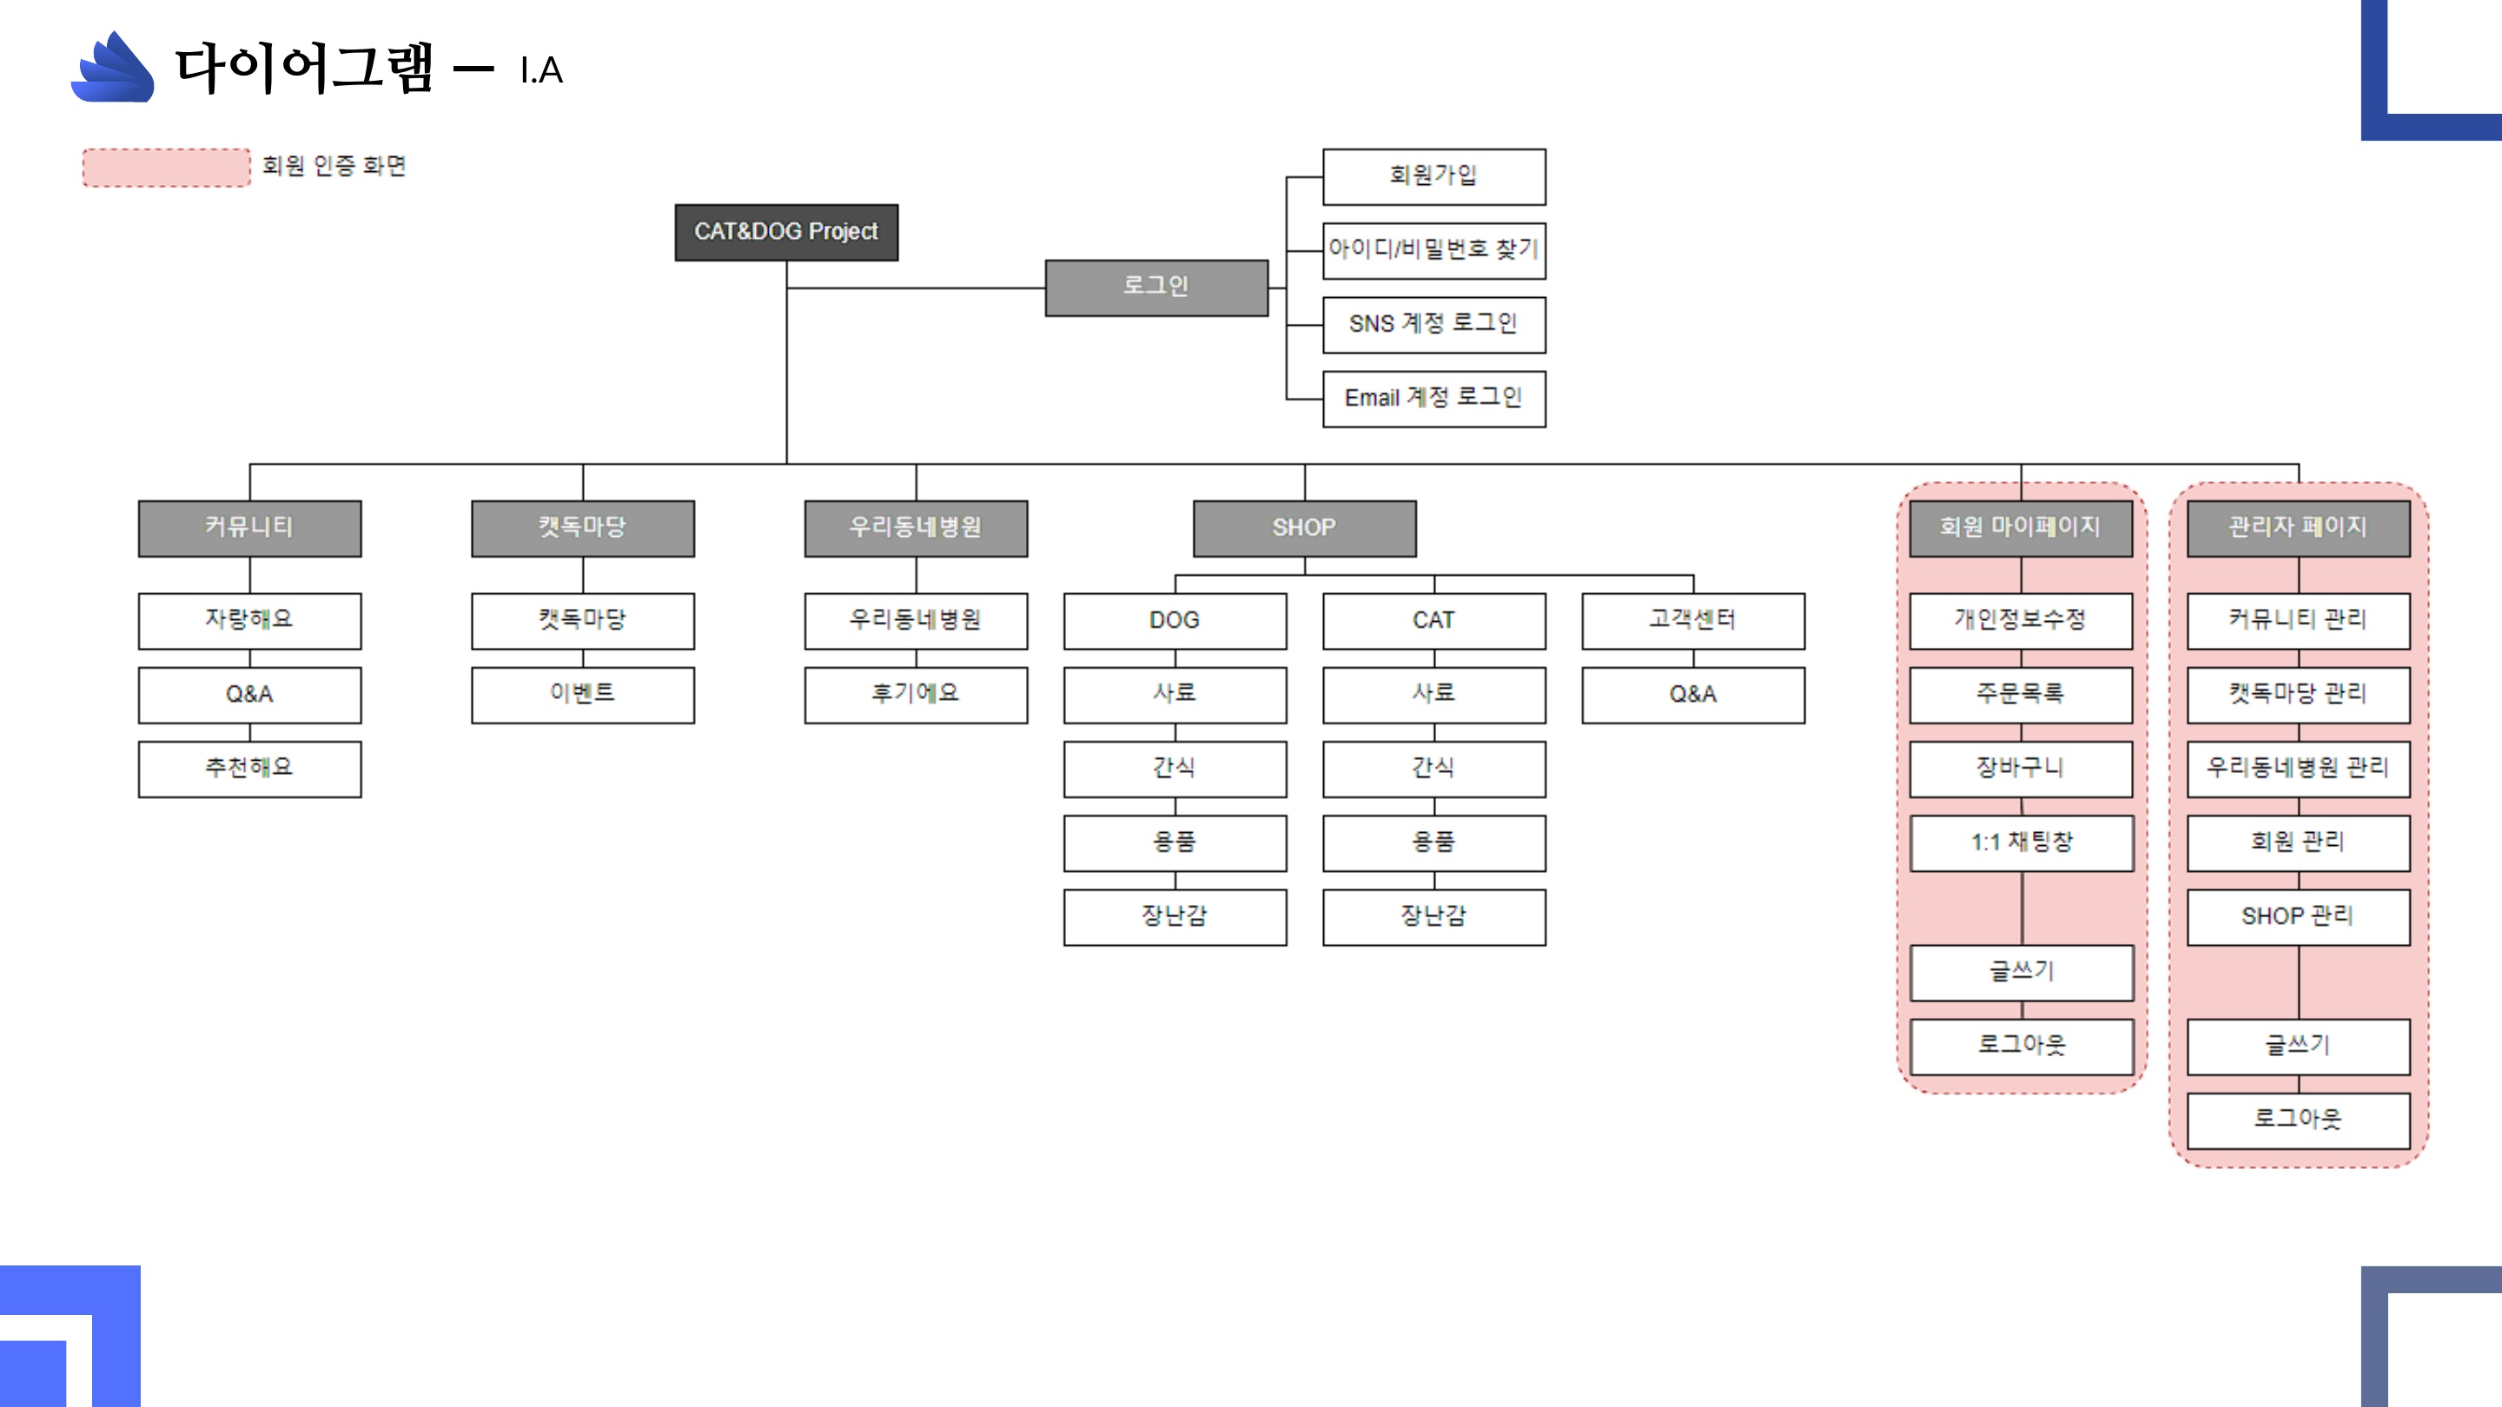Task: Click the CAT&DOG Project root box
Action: (x=785, y=232)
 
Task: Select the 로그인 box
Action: (x=1155, y=287)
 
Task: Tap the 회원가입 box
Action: (x=1433, y=176)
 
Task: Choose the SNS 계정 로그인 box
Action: (x=1433, y=324)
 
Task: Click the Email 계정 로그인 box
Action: (x=1433, y=398)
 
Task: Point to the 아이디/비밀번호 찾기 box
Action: (x=1433, y=250)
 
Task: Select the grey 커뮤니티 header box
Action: (x=249, y=528)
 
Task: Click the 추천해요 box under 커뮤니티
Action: (x=249, y=769)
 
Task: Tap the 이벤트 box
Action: (x=583, y=694)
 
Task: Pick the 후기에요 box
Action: (x=916, y=694)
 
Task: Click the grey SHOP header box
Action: (x=1304, y=528)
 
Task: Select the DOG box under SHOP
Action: (x=1175, y=620)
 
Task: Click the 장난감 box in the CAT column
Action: (x=1433, y=916)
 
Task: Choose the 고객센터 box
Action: (x=1693, y=620)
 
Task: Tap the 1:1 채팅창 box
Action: (x=2022, y=842)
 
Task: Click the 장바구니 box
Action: (x=2022, y=769)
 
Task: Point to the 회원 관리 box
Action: (x=2298, y=842)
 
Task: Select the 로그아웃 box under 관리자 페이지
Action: (x=2298, y=1120)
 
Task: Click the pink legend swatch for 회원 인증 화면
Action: (x=166, y=167)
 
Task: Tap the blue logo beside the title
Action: (x=114, y=68)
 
